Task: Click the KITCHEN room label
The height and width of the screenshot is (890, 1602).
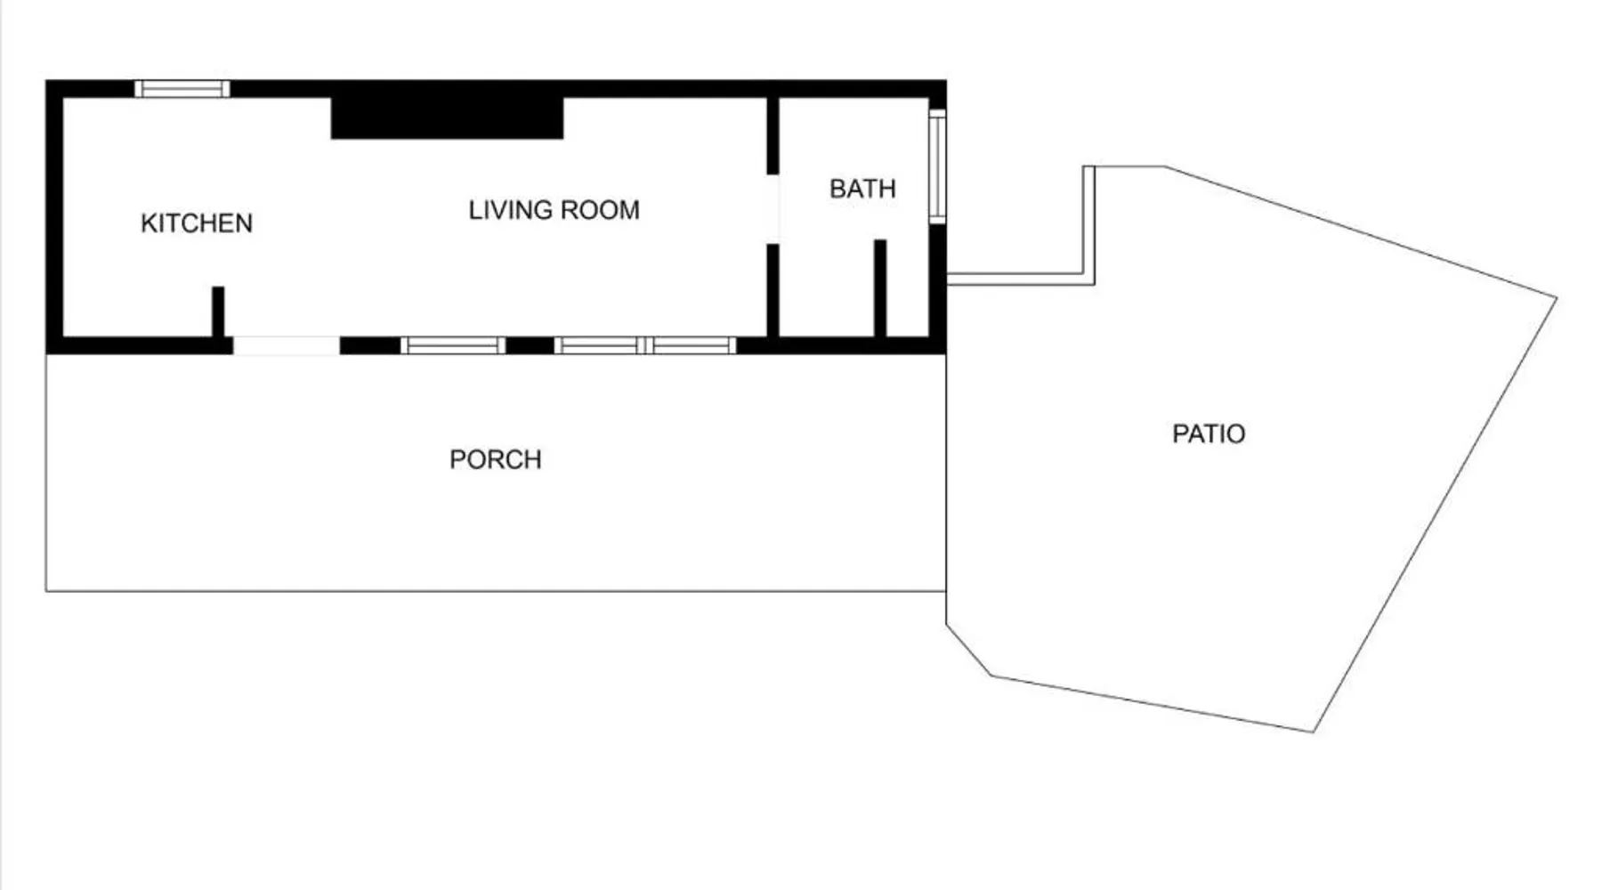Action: [197, 222]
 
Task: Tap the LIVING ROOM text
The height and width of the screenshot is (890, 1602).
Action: [554, 210]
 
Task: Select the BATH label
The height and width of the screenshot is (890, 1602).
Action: [862, 189]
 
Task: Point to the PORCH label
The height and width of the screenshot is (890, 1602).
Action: [496, 459]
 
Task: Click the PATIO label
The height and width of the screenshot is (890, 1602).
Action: [1209, 433]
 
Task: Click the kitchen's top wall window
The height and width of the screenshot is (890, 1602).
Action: [182, 88]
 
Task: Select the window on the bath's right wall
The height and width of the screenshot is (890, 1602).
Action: [937, 166]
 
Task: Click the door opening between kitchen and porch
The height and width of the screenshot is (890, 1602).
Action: [287, 345]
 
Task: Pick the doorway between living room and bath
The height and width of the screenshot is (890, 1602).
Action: [773, 209]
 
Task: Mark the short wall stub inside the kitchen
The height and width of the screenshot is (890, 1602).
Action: [218, 311]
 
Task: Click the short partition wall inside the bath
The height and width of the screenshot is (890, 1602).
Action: [880, 288]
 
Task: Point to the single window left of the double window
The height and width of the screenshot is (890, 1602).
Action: [453, 345]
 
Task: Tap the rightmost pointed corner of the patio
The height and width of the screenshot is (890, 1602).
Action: [1557, 297]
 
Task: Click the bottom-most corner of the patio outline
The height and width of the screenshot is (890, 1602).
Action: [1314, 732]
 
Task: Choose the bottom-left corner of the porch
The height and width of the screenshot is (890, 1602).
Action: [46, 591]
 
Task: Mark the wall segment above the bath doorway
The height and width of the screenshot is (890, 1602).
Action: [773, 135]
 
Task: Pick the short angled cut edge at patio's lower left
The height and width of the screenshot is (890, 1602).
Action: [968, 649]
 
